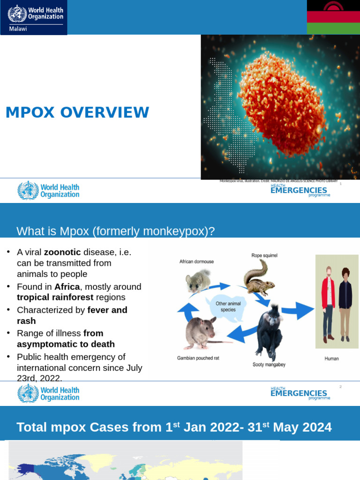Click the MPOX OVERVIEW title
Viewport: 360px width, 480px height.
(77, 112)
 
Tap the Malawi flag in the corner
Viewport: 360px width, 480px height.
(333, 17)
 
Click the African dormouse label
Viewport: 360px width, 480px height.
(196, 262)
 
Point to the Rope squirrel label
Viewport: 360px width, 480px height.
(264, 255)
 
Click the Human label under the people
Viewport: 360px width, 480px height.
(331, 359)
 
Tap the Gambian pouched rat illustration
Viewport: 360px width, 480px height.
(201, 333)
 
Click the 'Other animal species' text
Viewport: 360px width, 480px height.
(228, 307)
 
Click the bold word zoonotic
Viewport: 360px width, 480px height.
(62, 252)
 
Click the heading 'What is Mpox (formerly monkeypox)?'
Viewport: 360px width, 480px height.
(115, 231)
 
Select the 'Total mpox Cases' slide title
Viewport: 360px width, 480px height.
(174, 427)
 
